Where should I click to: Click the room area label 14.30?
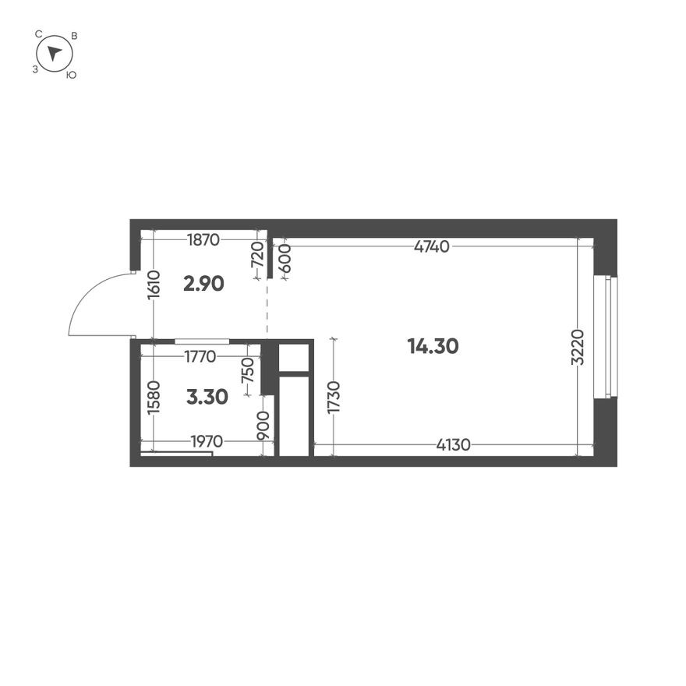coord(433,346)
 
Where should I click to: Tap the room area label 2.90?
coord(203,284)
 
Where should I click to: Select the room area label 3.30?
coord(207,397)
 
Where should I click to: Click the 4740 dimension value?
coord(432,247)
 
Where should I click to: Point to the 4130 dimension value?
coord(453,445)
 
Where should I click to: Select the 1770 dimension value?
coord(200,358)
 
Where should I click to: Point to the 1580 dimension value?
coord(154,398)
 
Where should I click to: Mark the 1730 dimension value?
coord(334,398)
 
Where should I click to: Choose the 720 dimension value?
coord(258,255)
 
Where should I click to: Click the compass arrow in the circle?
coord(54,53)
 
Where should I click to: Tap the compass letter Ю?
coord(71,75)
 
